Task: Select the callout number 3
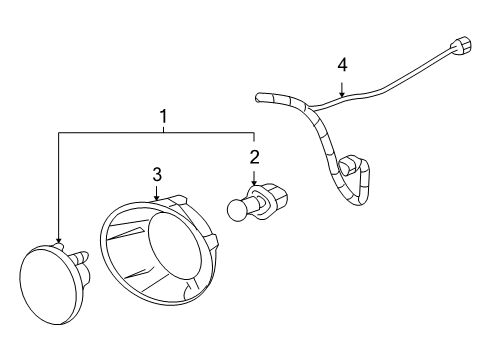click(157, 174)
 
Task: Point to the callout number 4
click(342, 65)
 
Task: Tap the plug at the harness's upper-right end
click(462, 47)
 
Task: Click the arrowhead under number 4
click(342, 95)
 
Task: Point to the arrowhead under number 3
click(158, 201)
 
